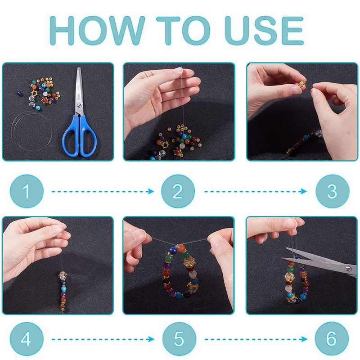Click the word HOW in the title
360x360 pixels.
97,30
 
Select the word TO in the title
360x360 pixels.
183,30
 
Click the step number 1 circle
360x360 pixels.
27,191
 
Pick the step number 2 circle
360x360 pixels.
178,191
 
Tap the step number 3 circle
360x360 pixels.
332,191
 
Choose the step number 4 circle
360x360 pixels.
27,339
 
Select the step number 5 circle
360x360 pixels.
179,339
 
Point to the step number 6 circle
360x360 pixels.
332,339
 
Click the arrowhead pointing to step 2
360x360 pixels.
151,191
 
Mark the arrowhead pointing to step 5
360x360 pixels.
151,339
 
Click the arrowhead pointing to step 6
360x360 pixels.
304,339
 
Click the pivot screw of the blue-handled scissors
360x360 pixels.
79,106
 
